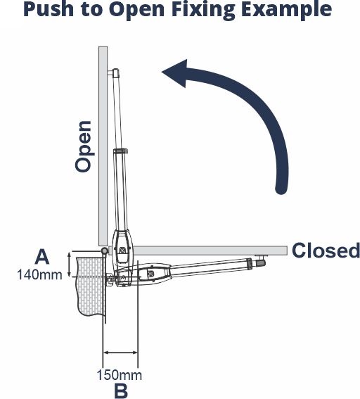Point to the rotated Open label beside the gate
83,146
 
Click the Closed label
326,251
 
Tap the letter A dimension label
42,257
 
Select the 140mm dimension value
39,275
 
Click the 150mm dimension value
120,375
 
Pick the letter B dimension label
121,391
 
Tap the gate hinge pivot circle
104,251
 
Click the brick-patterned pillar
91,286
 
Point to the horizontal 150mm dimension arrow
120,353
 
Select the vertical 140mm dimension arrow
69,265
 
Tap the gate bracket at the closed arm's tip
261,261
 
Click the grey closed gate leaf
210,251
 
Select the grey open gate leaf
103,146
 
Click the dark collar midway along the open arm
120,152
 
